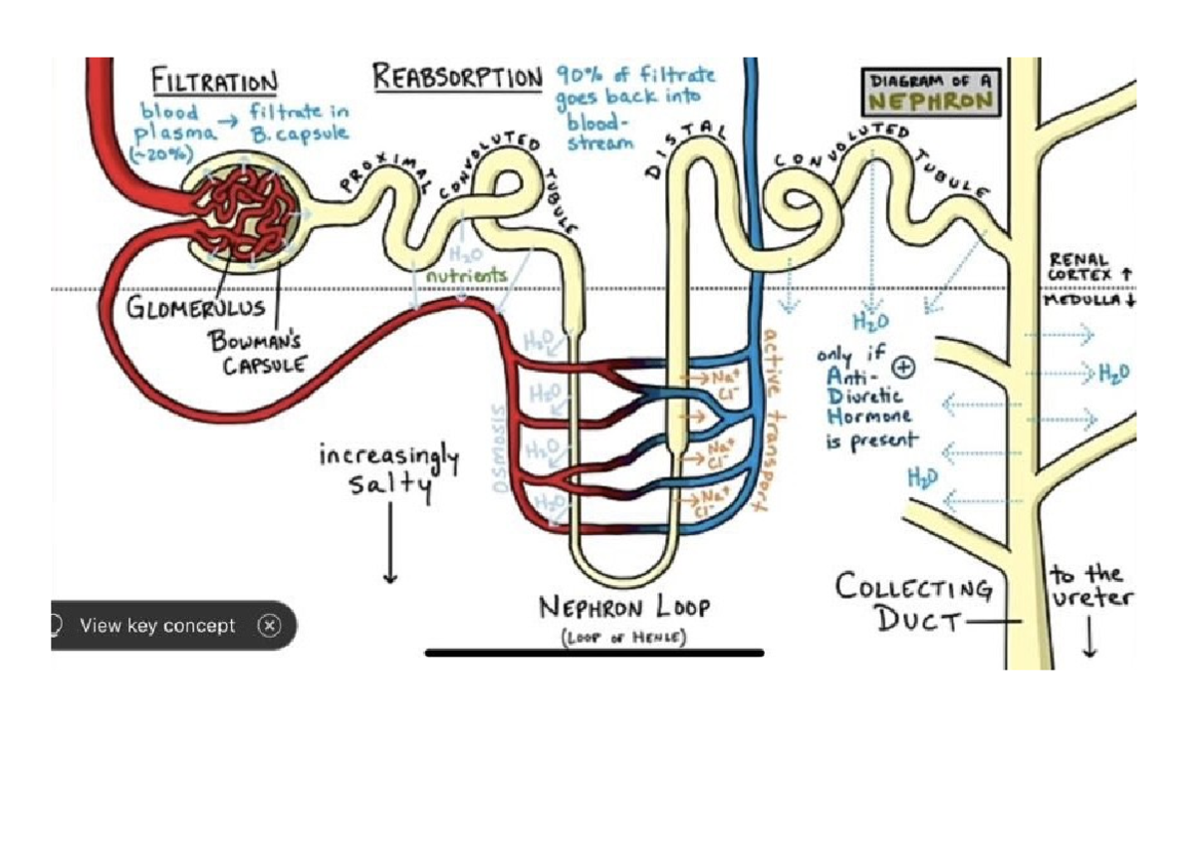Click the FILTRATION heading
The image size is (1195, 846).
pyautogui.click(x=214, y=80)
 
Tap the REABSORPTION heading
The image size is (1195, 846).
pyautogui.click(x=457, y=77)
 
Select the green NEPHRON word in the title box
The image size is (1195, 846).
pyautogui.click(x=929, y=101)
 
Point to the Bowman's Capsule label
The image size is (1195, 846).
pyautogui.click(x=250, y=352)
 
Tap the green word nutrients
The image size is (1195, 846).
pyautogui.click(x=465, y=275)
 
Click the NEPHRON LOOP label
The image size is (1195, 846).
pyautogui.click(x=624, y=608)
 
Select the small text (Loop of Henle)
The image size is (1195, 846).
pyautogui.click(x=624, y=639)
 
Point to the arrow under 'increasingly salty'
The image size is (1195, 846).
pyautogui.click(x=389, y=543)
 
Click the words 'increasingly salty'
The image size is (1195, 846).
pyautogui.click(x=388, y=471)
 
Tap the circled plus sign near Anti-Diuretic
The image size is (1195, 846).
pyautogui.click(x=904, y=367)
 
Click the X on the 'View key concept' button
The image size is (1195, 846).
pyautogui.click(x=269, y=626)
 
